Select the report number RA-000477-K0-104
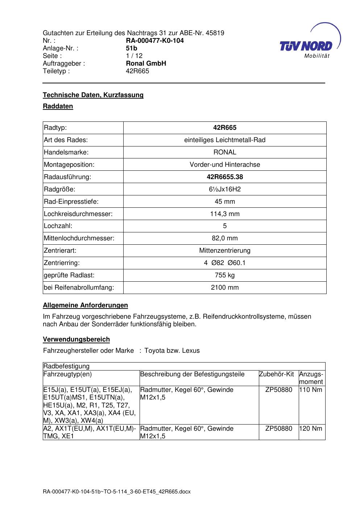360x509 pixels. (x=155, y=41)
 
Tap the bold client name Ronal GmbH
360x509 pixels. (x=146, y=63)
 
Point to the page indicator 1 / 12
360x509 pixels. (x=134, y=56)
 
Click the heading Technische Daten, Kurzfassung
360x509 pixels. (x=93, y=95)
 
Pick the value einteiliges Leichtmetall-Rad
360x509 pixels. (x=225, y=140)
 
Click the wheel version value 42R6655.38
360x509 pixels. (x=225, y=177)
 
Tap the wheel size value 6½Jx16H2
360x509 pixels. (x=225, y=189)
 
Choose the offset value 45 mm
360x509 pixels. (x=225, y=202)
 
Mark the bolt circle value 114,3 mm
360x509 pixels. (x=225, y=214)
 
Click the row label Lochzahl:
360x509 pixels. (x=58, y=226)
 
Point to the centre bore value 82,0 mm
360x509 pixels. (x=225, y=238)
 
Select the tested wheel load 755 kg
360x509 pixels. (x=225, y=275)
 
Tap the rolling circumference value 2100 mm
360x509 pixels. (x=225, y=287)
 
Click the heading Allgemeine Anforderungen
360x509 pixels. (x=85, y=305)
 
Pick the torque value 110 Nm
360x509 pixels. (x=311, y=390)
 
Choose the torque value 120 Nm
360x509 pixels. (x=311, y=429)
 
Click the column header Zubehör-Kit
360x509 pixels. (x=276, y=374)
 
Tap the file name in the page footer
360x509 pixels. (x=117, y=492)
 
